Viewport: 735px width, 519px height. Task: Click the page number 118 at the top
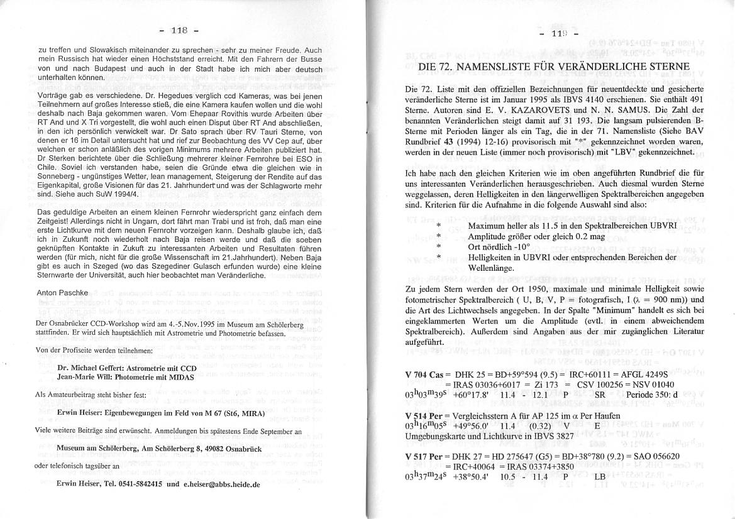(178, 30)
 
